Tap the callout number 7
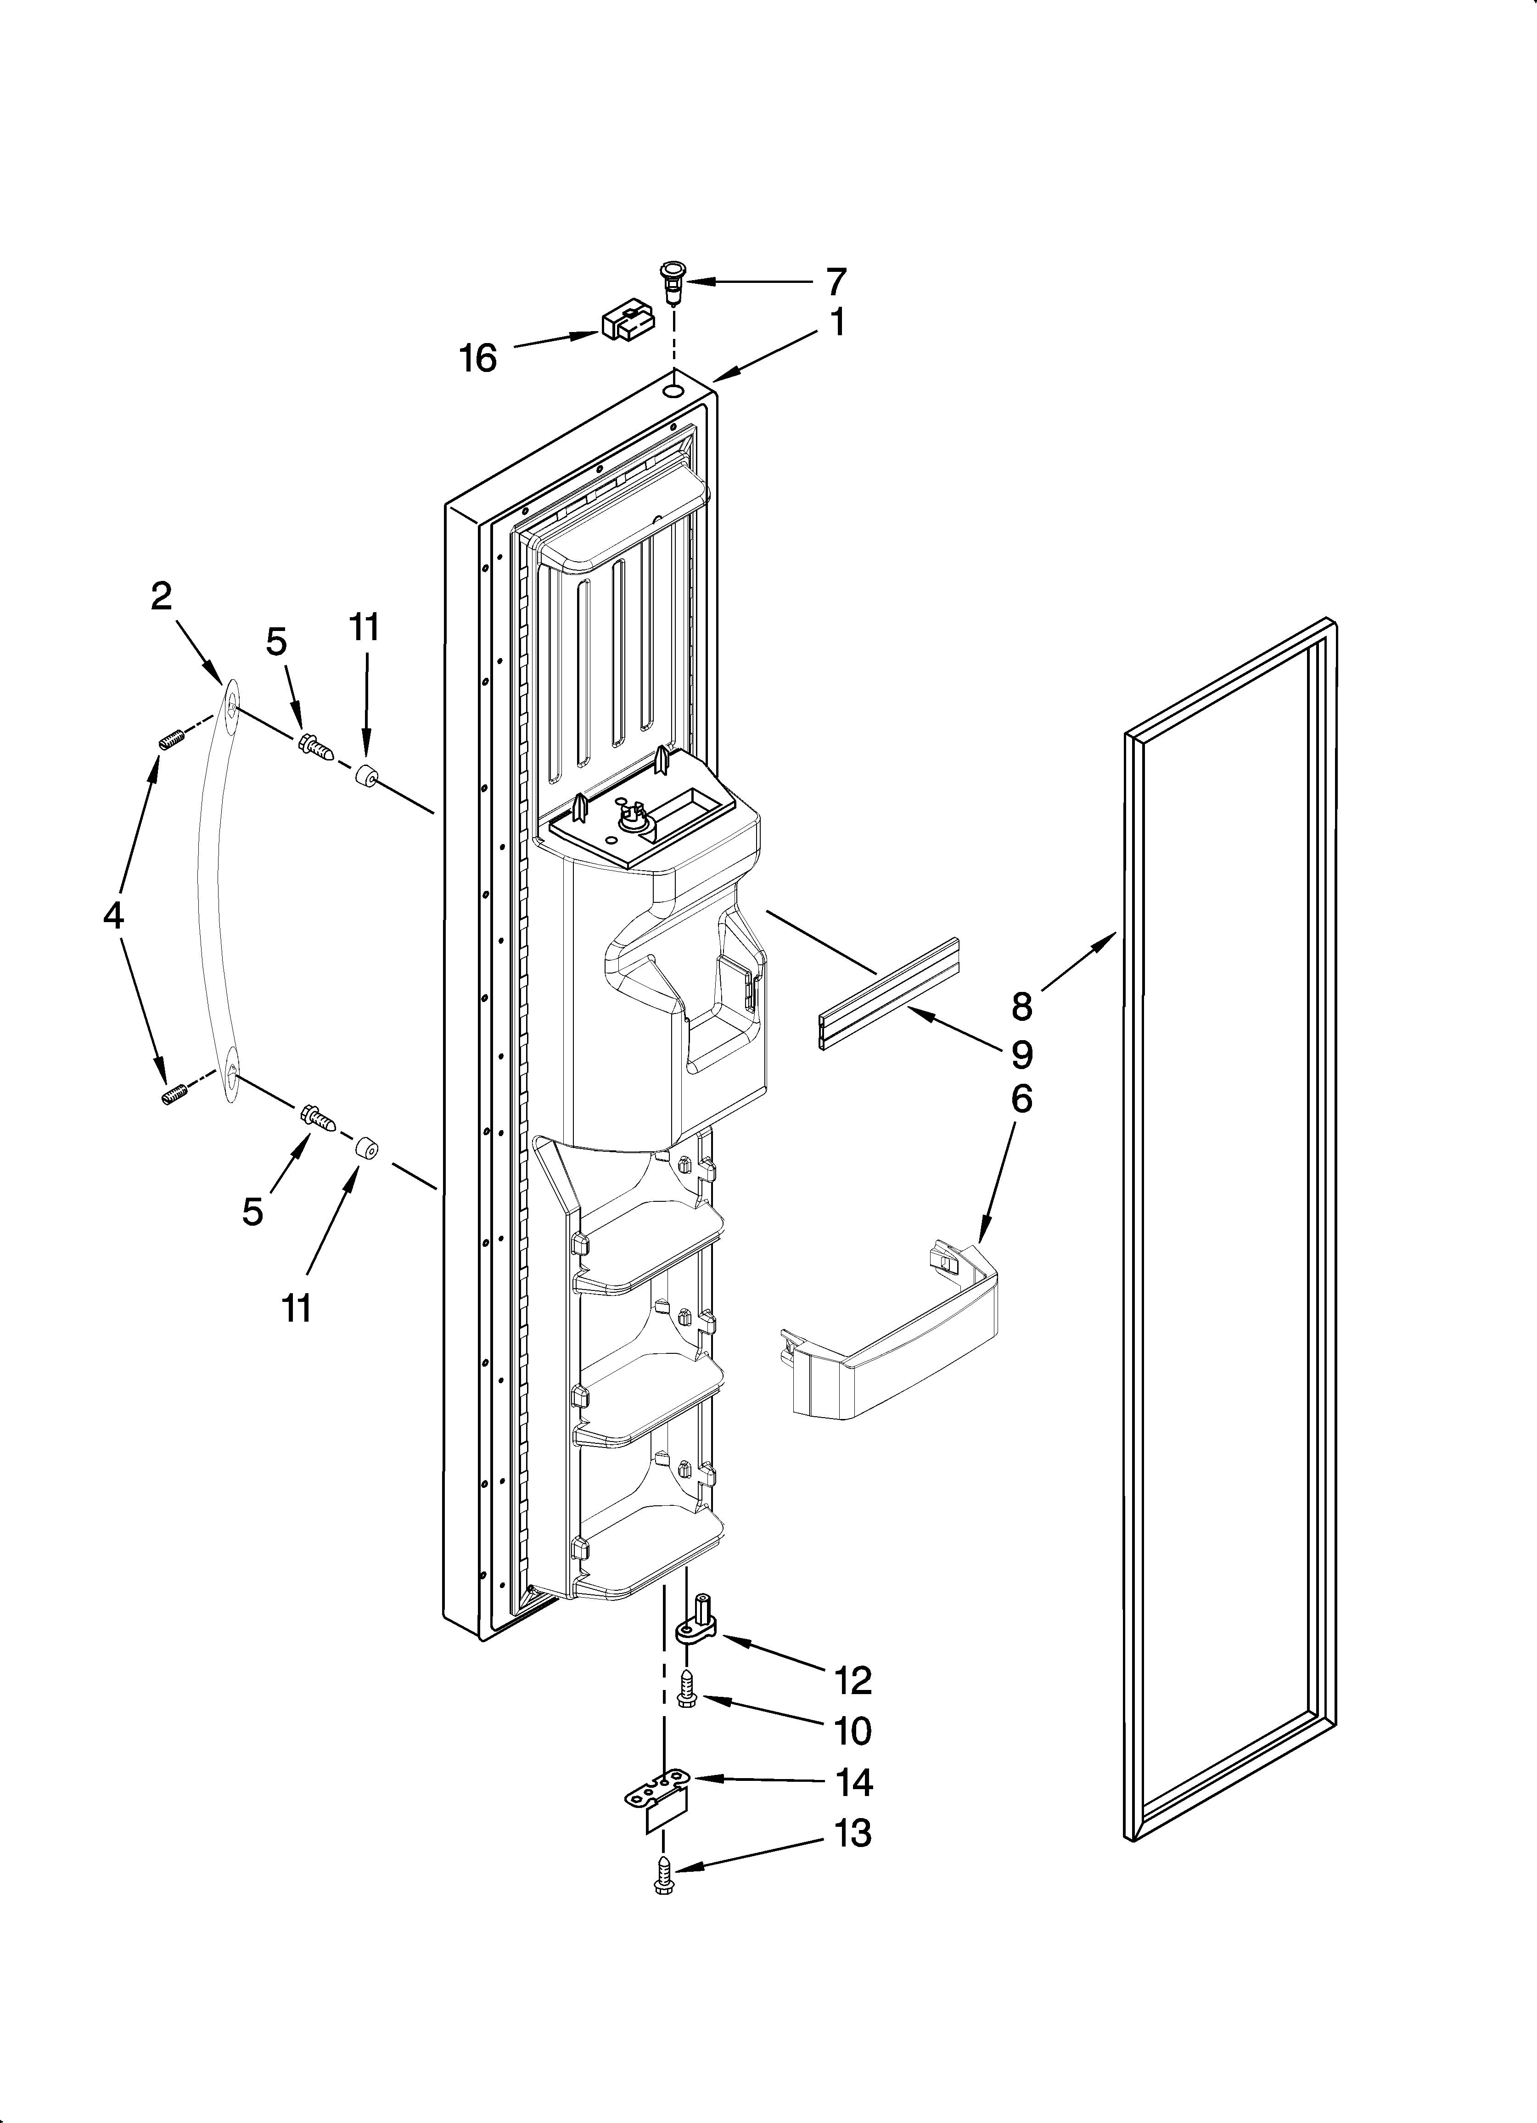click(x=836, y=281)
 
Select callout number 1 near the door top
click(x=838, y=323)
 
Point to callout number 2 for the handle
click(x=162, y=595)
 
